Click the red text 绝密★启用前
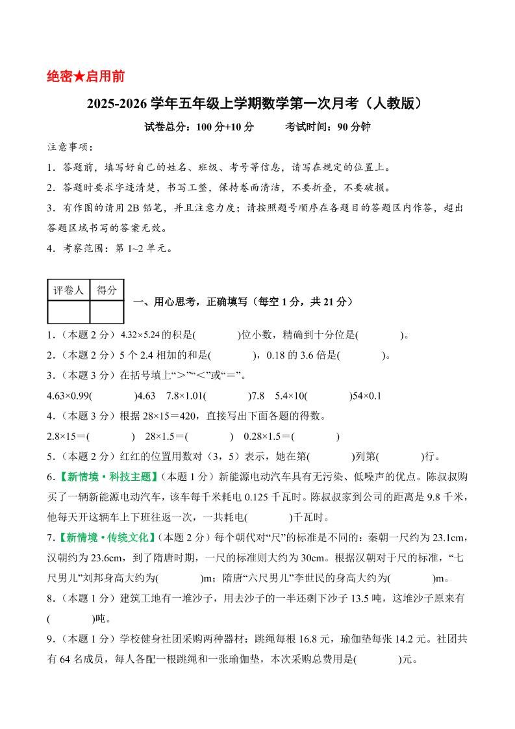[x=86, y=76]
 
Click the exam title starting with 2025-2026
[x=258, y=103]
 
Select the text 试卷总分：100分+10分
[x=199, y=127]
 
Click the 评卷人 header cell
[x=68, y=290]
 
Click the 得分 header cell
[x=107, y=290]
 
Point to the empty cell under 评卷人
[x=68, y=312]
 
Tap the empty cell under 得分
[x=107, y=312]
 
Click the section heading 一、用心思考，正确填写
[x=243, y=301]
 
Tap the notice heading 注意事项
[x=70, y=147]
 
